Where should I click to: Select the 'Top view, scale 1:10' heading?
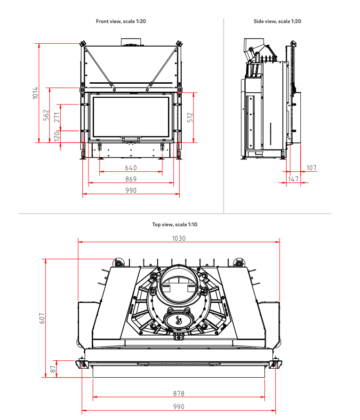pos(175,224)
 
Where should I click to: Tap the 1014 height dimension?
pos(35,93)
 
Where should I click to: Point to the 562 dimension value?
pos(46,115)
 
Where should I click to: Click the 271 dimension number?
pos(57,117)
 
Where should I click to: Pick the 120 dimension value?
pos(57,136)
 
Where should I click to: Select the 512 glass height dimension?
pos(190,118)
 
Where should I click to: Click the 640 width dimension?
pos(131,168)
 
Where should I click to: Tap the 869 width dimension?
pos(131,179)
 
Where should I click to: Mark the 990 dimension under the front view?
pos(131,190)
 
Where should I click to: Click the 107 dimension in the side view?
pos(312,168)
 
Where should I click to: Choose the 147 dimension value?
pos(294,179)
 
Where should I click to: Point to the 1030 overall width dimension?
pos(179,238)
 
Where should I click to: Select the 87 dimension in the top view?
pos(53,368)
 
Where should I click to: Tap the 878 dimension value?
pos(179,394)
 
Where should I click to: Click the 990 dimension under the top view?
pos(179,407)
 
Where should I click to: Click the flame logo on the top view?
pos(178,321)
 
